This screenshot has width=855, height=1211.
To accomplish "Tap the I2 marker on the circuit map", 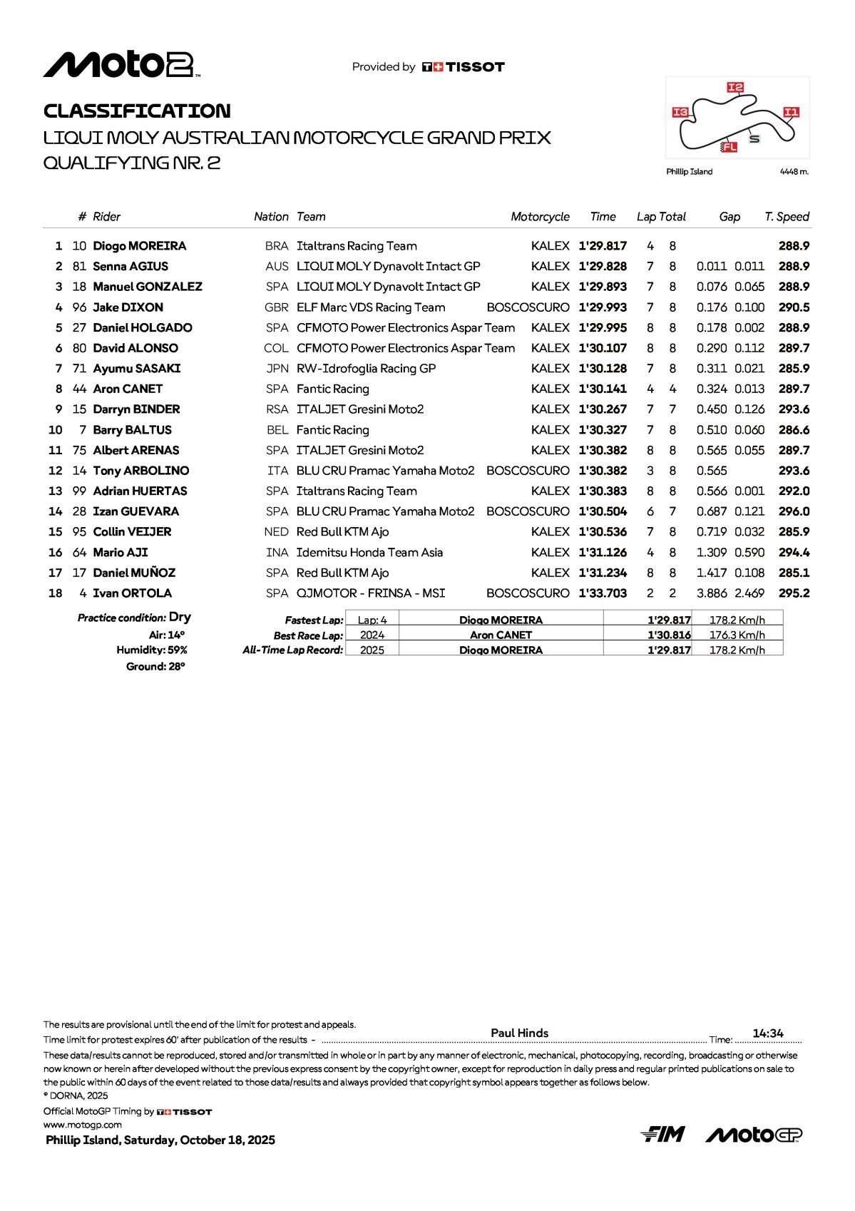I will pos(735,87).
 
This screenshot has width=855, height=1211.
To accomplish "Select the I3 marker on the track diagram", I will pos(680,112).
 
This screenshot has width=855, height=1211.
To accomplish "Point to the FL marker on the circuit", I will pos(729,147).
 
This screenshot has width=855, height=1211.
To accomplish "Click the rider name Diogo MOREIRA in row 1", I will pos(140,246).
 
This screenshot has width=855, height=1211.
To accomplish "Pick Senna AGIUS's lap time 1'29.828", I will pos(603,267).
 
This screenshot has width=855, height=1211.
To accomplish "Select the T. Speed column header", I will pos(787,217).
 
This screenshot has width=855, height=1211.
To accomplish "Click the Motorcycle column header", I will pos(540,217).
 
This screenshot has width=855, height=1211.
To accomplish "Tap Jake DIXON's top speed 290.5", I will pos(794,307).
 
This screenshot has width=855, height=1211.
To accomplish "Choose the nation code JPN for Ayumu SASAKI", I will pos(277,369).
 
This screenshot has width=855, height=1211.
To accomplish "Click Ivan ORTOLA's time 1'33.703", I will pos(603,593).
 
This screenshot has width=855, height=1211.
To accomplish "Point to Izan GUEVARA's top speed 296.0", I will pos(794,511).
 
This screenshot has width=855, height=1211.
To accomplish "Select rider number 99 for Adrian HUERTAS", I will pos(79,491).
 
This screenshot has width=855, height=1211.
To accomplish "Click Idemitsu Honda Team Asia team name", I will pos(369,553).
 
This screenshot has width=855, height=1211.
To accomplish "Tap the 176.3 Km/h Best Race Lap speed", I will pos(737,635).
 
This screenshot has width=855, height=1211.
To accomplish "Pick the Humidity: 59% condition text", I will pos(152,650).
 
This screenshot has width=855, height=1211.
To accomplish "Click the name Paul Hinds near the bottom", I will pos(519,1033).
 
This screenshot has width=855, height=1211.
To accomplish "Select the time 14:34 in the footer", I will pos(767,1033).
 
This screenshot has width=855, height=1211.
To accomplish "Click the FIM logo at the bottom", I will pos(662,1134).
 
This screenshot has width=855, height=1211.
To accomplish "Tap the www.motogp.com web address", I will pos(83,1125).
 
